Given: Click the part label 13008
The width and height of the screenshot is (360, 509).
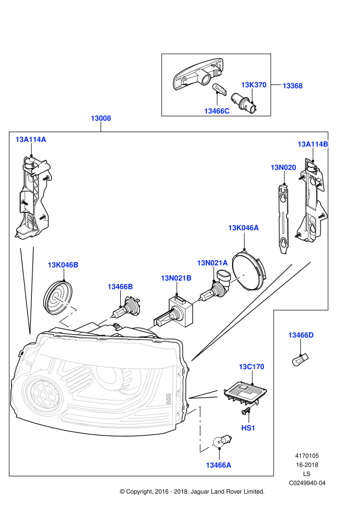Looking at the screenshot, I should pyautogui.click(x=101, y=118).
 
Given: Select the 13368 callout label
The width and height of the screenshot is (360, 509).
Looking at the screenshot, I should pyautogui.click(x=292, y=86).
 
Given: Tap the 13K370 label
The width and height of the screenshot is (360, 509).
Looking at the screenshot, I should pyautogui.click(x=254, y=85).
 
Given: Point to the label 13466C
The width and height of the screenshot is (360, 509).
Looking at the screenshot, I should pyautogui.click(x=217, y=111).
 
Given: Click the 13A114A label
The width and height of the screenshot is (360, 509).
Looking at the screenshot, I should pyautogui.click(x=31, y=140).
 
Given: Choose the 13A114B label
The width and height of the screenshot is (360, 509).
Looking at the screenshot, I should pyautogui.click(x=313, y=144).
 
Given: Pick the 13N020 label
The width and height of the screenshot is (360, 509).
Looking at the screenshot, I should pyautogui.click(x=283, y=167).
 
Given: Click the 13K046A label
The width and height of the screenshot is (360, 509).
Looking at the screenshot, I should pyautogui.click(x=244, y=228).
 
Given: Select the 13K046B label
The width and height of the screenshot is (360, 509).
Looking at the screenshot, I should pyautogui.click(x=63, y=265).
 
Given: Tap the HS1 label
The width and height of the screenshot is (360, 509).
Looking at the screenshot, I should pyautogui.click(x=249, y=427).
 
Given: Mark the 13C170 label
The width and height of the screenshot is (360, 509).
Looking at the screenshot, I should pyautogui.click(x=251, y=366).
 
